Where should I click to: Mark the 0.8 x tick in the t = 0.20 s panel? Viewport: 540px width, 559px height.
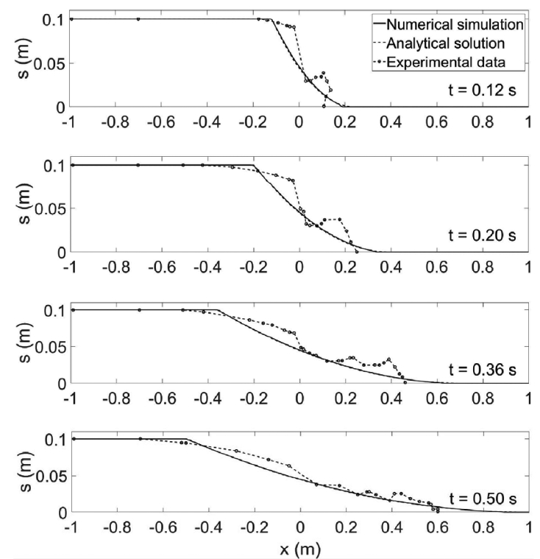pyautogui.click(x=483, y=267)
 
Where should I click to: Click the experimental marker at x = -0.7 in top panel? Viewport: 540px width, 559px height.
pyautogui.click(x=138, y=19)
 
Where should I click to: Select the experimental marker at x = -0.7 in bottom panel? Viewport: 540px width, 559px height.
pyautogui.click(x=140, y=439)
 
